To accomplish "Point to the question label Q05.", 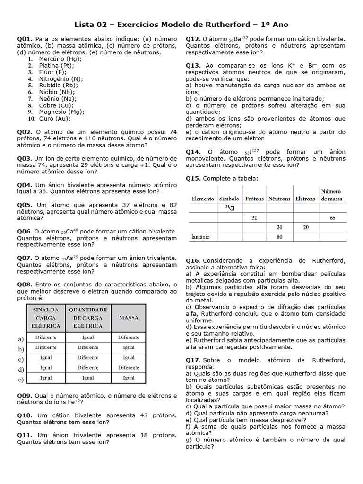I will [x=25, y=205].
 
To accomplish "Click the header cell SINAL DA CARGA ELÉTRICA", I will [x=46, y=318].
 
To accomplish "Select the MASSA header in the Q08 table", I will [x=129, y=318].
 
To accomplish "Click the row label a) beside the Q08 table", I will [x=21, y=338].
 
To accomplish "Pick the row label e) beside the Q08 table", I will [x=21, y=379].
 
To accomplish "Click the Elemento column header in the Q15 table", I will [x=202, y=199].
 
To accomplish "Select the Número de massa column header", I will [x=334, y=195].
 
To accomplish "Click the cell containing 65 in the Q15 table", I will [x=334, y=218].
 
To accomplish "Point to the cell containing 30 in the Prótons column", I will [x=254, y=218].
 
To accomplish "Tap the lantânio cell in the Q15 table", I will [x=201, y=236].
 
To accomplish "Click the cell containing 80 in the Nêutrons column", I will [x=279, y=236].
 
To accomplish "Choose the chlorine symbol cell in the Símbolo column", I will [x=229, y=208].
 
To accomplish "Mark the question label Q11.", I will [x=25, y=435].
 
